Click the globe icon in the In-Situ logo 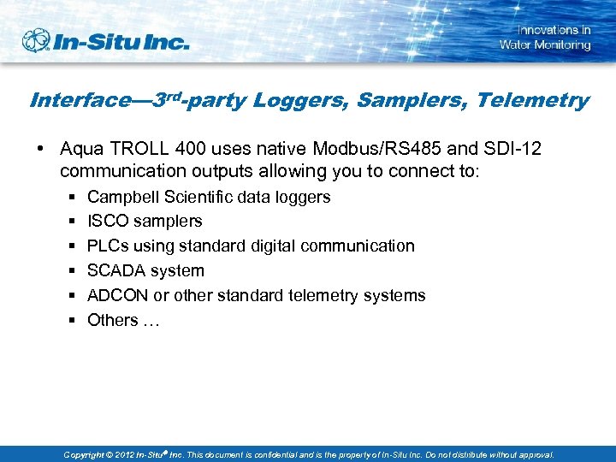tap(37, 41)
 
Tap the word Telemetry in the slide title tap(532, 101)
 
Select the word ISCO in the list tap(107, 222)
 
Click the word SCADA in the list tap(115, 271)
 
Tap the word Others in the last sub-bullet tap(112, 321)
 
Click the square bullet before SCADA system tap(70, 271)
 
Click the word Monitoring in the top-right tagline tap(562, 44)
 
